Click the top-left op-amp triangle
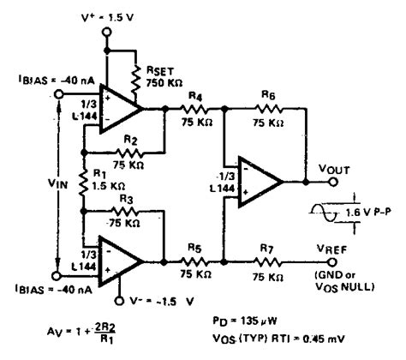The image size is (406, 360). tap(122, 110)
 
